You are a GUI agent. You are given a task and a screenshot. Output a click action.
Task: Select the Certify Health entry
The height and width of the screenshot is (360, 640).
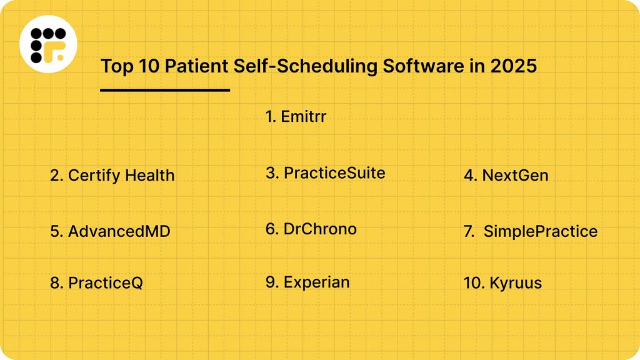point(112,176)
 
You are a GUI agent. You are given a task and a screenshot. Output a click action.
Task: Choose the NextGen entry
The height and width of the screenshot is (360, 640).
point(506,176)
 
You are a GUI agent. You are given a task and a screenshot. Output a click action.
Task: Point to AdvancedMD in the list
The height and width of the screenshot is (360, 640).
point(111,232)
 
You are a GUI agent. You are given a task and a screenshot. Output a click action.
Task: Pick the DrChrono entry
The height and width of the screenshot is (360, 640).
point(311,229)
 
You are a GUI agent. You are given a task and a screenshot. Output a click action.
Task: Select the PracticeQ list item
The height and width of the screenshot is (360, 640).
point(97,283)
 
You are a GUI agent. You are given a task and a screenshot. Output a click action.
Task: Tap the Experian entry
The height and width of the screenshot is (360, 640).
point(307,282)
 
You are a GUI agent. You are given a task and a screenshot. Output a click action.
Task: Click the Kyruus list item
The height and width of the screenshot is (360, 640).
point(502,283)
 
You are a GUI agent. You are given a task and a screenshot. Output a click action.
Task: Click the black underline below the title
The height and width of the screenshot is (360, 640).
point(165,90)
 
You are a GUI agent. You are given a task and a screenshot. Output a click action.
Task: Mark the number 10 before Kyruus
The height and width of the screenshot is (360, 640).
point(472,283)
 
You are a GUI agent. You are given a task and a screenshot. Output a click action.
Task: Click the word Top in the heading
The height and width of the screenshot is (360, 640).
point(117,66)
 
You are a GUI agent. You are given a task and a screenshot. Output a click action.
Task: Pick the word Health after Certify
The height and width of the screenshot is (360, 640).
point(149,176)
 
